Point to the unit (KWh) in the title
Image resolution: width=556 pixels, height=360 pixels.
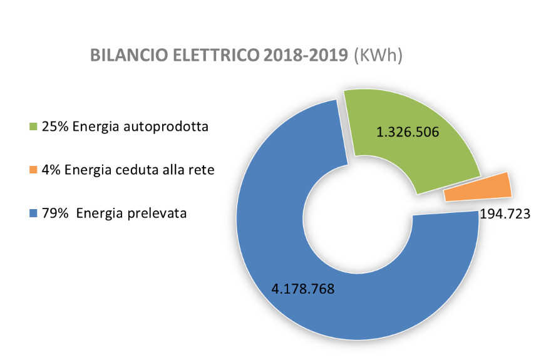pyautogui.click(x=378, y=55)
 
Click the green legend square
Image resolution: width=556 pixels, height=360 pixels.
pyautogui.click(x=34, y=127)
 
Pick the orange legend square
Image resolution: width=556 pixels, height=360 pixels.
pyautogui.click(x=34, y=170)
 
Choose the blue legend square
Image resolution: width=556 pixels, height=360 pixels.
pyautogui.click(x=34, y=213)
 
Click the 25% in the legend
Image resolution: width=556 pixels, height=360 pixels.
pyautogui.click(x=55, y=127)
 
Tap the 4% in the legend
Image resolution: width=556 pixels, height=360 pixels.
pyautogui.click(x=51, y=170)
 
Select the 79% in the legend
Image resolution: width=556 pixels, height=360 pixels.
pyautogui.click(x=55, y=213)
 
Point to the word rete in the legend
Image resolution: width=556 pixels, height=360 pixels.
pyautogui.click(x=202, y=170)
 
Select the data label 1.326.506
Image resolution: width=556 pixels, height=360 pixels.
pyautogui.click(x=407, y=132)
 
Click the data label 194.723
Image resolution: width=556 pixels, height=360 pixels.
pyautogui.click(x=505, y=214)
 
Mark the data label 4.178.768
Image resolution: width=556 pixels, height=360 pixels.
pyautogui.click(x=303, y=289)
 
